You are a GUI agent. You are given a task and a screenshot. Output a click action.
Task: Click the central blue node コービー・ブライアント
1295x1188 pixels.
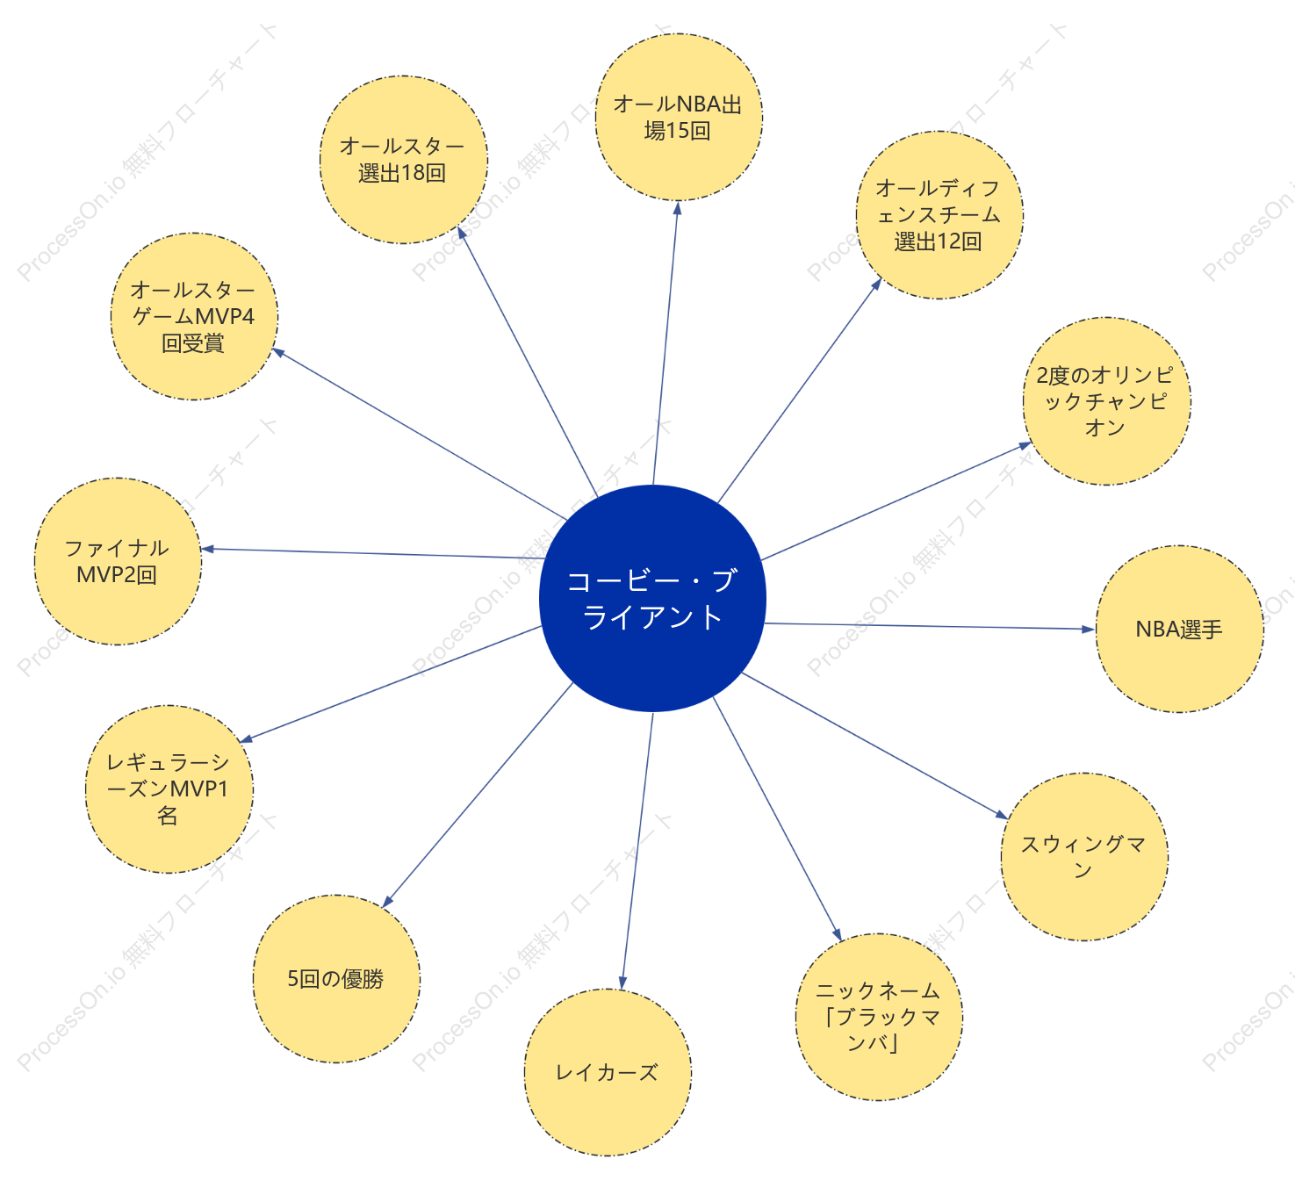[x=652, y=599]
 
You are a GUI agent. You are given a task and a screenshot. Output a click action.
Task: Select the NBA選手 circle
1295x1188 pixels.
[x=1179, y=629]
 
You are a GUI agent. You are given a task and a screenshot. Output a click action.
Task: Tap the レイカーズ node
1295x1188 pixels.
[x=608, y=1072]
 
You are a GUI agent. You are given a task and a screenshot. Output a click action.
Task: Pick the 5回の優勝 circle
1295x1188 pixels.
[x=336, y=979]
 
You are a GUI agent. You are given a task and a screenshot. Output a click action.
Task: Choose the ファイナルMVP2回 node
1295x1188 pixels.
[x=118, y=561]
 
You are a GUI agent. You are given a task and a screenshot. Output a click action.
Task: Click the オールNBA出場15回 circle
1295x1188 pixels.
[x=679, y=117]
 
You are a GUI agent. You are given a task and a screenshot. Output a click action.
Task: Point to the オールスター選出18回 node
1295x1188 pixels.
[x=404, y=160]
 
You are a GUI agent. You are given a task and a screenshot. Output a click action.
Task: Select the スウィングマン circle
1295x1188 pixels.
[x=1084, y=857]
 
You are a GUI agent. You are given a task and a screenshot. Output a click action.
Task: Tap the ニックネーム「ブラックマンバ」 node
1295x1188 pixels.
[x=879, y=1017]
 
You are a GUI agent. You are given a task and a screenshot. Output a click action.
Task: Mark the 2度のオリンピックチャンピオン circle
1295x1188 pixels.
[x=1106, y=401]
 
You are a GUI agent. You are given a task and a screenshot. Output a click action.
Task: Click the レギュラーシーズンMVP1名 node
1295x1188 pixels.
[x=169, y=789]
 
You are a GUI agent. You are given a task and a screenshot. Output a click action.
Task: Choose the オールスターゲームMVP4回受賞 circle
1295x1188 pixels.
[x=194, y=316]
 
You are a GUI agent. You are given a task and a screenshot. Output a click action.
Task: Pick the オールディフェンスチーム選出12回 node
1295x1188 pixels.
[x=939, y=215]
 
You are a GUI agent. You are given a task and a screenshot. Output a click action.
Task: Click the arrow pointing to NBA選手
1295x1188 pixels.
[x=931, y=626]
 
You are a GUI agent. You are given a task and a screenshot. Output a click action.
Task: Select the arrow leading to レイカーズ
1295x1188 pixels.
[x=637, y=850]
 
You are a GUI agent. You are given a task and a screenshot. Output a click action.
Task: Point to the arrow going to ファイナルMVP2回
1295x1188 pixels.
[x=373, y=553]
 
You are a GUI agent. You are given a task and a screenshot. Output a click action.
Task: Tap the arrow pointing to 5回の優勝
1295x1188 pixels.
[x=478, y=795]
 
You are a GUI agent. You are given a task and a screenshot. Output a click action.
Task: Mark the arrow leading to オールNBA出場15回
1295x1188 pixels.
[x=665, y=342]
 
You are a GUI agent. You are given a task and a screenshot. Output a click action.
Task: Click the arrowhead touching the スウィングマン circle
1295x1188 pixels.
[x=1002, y=815]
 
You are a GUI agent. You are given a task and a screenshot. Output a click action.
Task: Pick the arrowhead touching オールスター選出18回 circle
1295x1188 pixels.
[x=462, y=233]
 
